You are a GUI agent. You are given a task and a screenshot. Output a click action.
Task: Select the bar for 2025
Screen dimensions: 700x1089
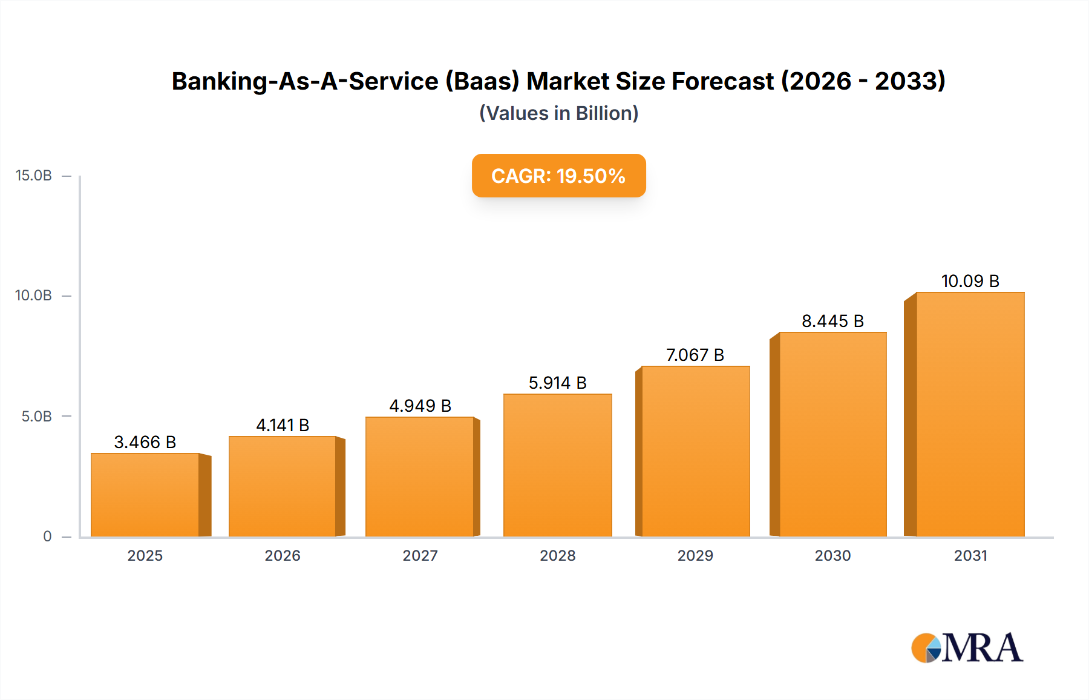[145, 495]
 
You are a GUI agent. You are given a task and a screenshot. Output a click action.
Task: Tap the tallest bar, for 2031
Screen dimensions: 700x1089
[970, 414]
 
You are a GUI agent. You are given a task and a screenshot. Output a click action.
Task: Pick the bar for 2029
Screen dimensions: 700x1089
[695, 451]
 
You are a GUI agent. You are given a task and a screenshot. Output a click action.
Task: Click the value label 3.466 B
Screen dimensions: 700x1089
[145, 442]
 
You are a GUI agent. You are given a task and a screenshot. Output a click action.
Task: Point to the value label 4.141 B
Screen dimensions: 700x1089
[283, 425]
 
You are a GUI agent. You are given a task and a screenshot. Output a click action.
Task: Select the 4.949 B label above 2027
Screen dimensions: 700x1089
[420, 406]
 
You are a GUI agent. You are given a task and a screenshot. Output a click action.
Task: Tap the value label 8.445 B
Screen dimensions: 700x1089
[832, 321]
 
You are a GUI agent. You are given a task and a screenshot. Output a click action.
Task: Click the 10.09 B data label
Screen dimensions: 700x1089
[970, 281]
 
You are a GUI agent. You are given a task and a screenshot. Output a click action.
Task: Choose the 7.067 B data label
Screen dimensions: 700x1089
[695, 355]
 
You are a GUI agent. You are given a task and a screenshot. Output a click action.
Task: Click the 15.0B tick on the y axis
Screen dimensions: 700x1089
[34, 176]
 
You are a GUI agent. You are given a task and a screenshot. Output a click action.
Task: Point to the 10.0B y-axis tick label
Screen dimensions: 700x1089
[34, 296]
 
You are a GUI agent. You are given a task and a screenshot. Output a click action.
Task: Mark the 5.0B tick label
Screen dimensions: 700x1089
[37, 417]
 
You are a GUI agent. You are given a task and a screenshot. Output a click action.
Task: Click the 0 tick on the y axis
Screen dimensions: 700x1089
[47, 537]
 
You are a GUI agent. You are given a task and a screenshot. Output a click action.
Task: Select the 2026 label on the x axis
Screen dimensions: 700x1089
[283, 555]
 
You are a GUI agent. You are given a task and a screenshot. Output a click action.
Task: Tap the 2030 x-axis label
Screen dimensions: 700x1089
[832, 555]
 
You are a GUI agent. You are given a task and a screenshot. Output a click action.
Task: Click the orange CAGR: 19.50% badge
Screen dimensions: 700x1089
[558, 176]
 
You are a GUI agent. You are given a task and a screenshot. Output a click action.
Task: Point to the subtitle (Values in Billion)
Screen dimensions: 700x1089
[558, 113]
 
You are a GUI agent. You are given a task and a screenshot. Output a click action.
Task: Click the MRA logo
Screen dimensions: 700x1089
[967, 648]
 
